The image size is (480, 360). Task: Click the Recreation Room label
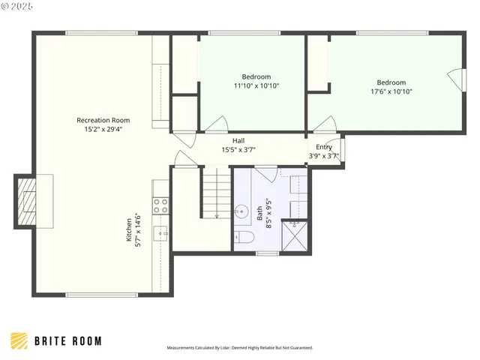(103, 120)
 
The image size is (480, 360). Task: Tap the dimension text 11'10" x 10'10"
(256, 86)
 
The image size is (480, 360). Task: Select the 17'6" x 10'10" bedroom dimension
(391, 91)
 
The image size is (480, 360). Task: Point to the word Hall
(238, 140)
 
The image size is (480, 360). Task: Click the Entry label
(324, 147)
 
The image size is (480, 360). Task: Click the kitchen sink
(161, 234)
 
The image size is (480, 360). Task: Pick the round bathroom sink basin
(243, 211)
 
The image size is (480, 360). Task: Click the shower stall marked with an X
(294, 235)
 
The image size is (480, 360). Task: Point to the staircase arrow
(216, 215)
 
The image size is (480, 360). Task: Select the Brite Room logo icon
(20, 341)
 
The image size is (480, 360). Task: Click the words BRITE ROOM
(68, 341)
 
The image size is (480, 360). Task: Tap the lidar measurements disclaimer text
(239, 348)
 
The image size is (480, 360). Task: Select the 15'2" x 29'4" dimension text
(103, 129)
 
